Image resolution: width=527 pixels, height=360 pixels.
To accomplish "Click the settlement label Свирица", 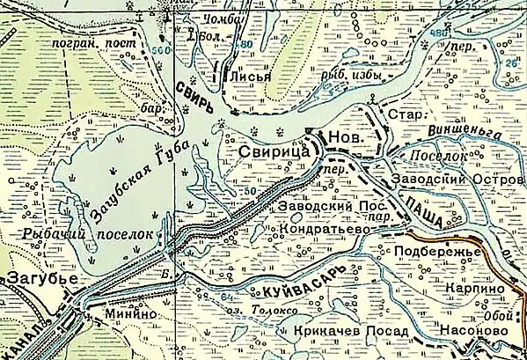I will tap(274, 153).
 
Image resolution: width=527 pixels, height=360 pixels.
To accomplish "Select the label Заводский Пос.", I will tap(320, 208).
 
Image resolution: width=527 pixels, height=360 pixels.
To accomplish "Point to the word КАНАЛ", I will tap(23, 325).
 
